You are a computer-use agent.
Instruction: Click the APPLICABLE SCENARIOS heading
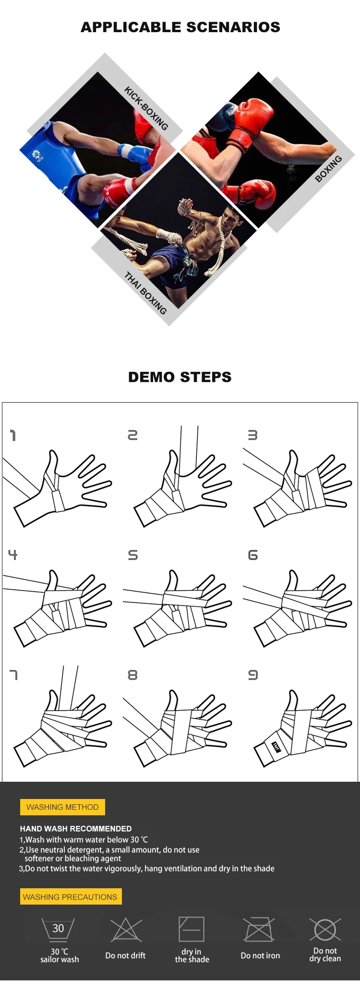point(180,27)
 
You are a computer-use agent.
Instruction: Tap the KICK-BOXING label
point(146,108)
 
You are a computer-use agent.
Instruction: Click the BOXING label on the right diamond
point(328,168)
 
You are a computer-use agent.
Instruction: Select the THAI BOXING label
point(145,293)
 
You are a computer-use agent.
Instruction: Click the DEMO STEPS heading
point(180,377)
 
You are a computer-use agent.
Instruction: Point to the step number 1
point(13,435)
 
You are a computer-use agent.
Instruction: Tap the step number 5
point(133,555)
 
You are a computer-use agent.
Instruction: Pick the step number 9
point(253,675)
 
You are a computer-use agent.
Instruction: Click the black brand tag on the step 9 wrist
point(276,746)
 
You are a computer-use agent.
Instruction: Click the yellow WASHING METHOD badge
point(62,807)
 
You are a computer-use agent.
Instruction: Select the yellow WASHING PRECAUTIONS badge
point(71,896)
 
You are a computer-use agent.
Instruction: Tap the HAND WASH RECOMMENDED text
point(76,828)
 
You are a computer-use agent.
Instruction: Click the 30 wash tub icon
point(58,930)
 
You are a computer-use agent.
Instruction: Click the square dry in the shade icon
point(192,929)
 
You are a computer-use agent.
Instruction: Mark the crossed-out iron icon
point(259,930)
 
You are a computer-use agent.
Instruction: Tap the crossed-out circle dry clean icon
point(325,930)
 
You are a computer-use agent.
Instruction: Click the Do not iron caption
point(260,955)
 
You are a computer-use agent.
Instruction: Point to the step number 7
point(13,675)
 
